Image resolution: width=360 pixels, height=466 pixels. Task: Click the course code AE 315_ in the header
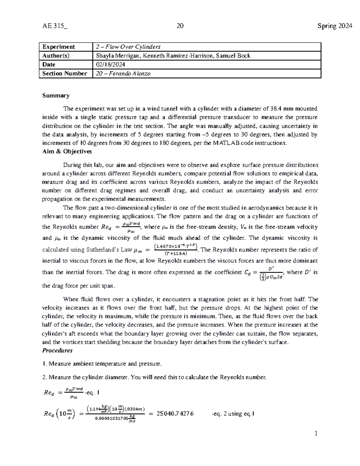[55, 26]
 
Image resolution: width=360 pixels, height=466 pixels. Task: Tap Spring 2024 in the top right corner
[335, 26]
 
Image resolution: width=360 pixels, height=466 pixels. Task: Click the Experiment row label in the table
[59, 47]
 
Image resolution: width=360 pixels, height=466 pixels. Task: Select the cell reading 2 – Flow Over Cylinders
[128, 47]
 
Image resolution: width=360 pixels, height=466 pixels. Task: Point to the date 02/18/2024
[110, 65]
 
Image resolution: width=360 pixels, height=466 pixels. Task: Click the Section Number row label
[64, 74]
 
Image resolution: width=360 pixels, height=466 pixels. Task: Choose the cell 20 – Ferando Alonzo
[123, 74]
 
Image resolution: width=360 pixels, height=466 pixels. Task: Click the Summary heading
[56, 95]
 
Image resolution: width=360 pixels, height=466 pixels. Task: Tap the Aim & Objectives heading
[67, 152]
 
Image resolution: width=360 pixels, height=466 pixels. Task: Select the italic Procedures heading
[57, 350]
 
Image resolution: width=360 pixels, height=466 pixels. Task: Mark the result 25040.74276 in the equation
[175, 414]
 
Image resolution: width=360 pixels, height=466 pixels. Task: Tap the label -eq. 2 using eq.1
[233, 414]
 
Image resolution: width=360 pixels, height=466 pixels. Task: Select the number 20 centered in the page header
[180, 26]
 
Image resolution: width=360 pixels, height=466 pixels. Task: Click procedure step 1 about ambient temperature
[102, 364]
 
